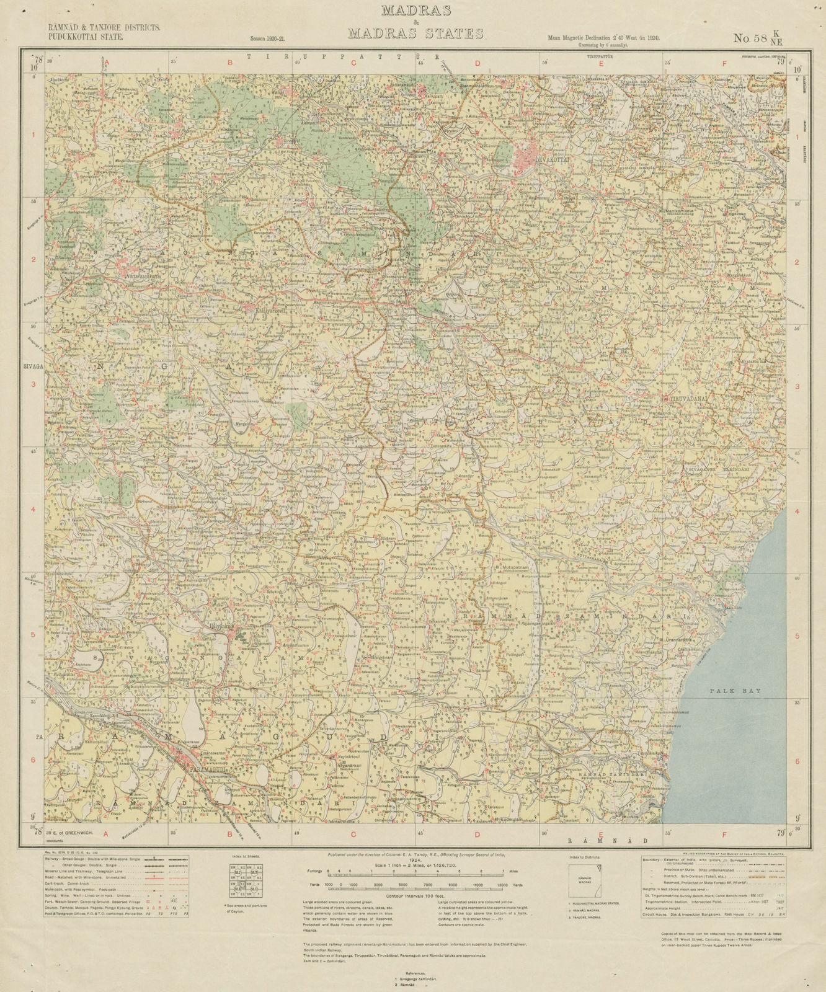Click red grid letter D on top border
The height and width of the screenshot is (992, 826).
pyautogui.click(x=477, y=63)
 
